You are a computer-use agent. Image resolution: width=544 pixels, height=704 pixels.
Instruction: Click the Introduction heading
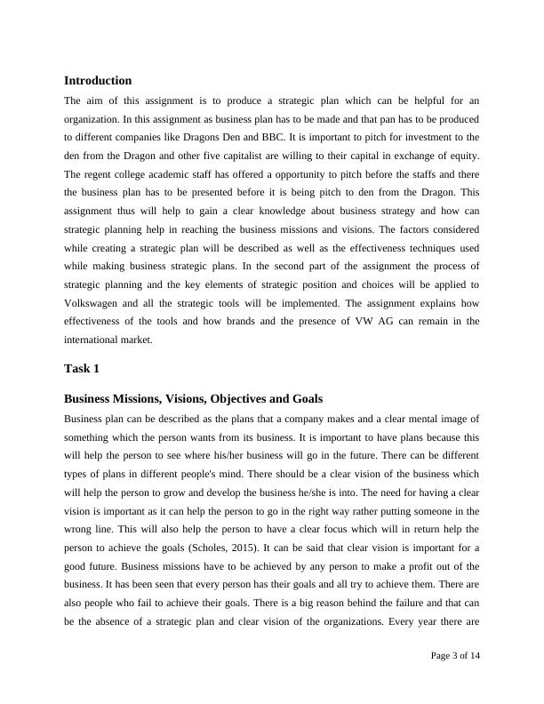[x=98, y=81]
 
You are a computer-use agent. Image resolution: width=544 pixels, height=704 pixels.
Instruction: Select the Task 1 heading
[x=82, y=368]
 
